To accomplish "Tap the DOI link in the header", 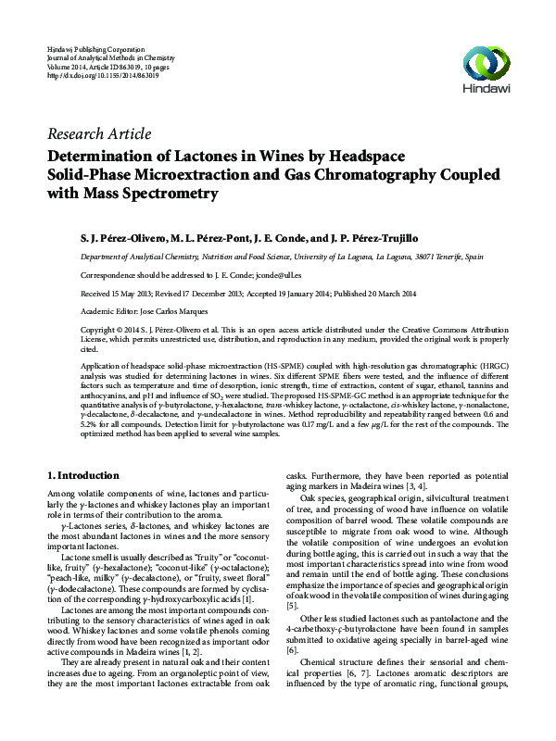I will (102, 74).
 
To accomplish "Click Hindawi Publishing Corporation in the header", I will (95, 46).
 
